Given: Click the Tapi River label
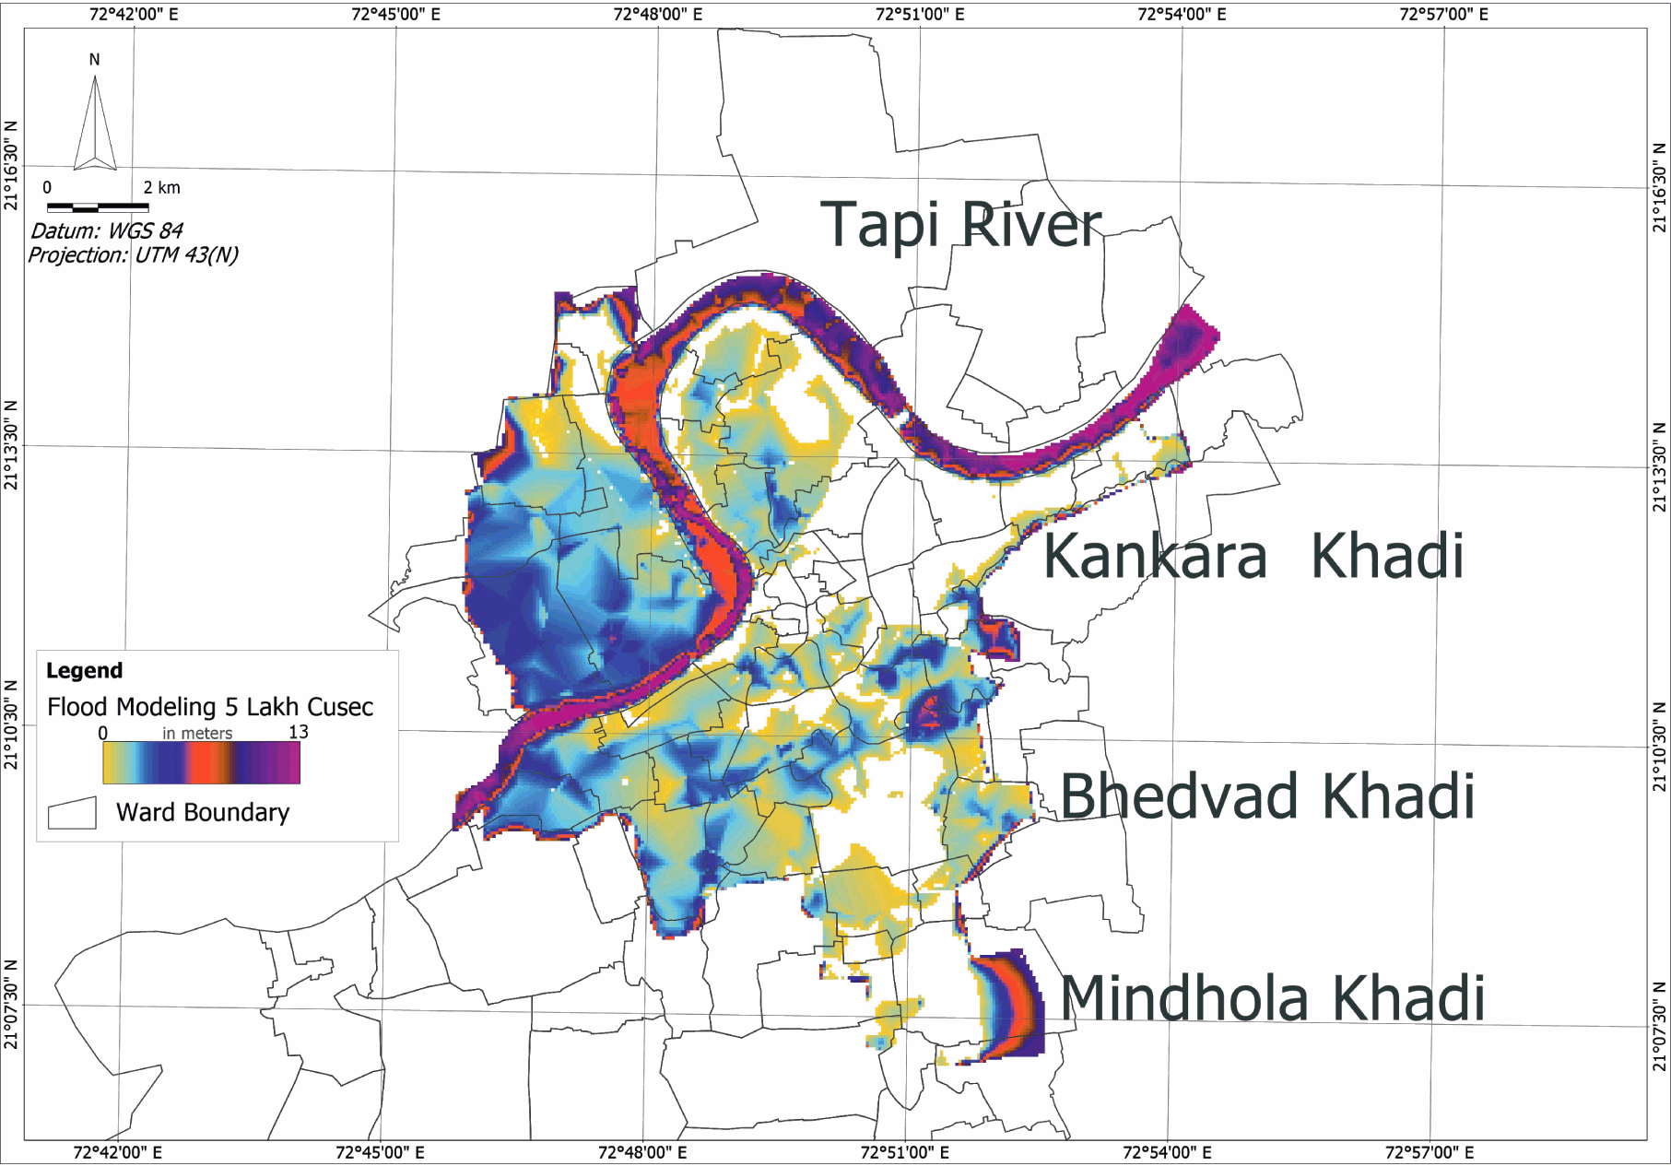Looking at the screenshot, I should coord(960,225).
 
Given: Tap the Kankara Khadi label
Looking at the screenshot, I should coord(1253,557).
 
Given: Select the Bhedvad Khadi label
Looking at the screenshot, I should coord(1267,796).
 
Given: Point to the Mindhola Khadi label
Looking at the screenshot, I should coord(1272,999).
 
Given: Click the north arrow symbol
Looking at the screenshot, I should coord(95,124).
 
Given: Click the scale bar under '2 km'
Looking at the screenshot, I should coord(98,207).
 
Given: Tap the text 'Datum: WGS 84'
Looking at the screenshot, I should coord(107,230).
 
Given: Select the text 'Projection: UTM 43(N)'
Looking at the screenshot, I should coord(133,255).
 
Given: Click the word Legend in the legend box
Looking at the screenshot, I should coord(84,671).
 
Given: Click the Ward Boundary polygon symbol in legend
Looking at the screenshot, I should coord(72,813).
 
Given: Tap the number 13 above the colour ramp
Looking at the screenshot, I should coord(298,732).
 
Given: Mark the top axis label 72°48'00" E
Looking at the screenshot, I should coord(657,14).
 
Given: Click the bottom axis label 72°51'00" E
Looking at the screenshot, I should coord(904,1152).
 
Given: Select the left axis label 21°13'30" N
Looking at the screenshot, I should coord(11,445).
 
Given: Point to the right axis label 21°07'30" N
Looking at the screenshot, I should coord(1660,1026).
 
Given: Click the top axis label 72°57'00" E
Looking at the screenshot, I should coord(1443,14).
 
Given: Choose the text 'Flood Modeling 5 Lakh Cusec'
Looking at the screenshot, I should coord(210,707).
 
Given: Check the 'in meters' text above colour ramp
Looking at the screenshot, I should coord(197,734).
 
